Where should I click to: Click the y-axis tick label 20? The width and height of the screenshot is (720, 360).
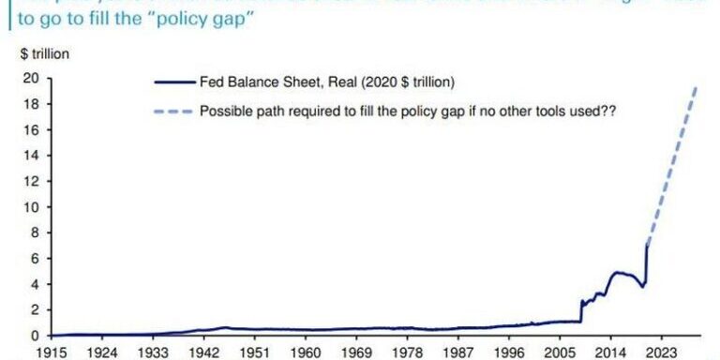(30, 79)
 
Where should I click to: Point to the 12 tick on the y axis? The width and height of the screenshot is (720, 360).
(30, 181)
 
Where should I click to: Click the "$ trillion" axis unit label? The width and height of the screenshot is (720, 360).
(44, 53)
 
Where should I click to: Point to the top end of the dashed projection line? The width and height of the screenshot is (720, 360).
(697, 87)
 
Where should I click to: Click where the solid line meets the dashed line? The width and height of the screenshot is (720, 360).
(647, 246)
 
